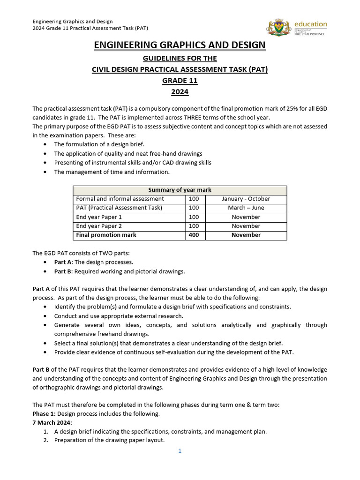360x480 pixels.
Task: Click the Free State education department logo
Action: [x=297, y=28]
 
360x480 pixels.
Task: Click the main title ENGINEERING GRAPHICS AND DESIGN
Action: [x=180, y=45]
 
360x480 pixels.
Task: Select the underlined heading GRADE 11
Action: [x=180, y=81]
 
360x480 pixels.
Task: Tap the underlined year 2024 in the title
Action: [x=180, y=92]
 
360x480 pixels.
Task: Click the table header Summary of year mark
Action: [x=180, y=190]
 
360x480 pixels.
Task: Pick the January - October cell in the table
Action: [x=246, y=199]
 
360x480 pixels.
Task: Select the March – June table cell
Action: [x=246, y=208]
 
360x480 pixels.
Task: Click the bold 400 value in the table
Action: [x=194, y=235]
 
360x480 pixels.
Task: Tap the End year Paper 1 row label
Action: [x=99, y=217]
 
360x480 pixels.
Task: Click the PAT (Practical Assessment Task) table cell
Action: [x=119, y=208]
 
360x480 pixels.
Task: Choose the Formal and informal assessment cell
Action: [x=120, y=199]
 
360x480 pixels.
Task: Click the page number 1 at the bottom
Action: [x=180, y=451]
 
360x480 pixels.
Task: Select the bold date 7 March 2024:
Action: [x=52, y=422]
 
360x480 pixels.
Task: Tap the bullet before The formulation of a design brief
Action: [x=45, y=144]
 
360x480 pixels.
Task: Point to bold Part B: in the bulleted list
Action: [x=63, y=271]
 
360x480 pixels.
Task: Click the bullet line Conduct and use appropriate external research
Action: [x=119, y=316]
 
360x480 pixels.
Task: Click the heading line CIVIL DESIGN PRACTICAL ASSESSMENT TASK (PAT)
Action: [x=180, y=69]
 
